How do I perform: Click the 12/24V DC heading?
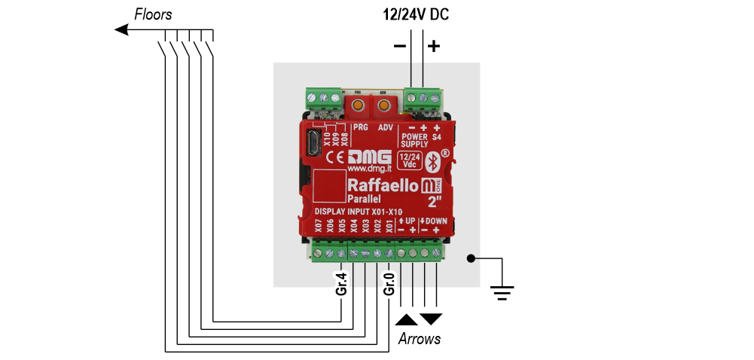pyautogui.click(x=417, y=14)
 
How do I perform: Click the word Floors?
pyautogui.click(x=153, y=14)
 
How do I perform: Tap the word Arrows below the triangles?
pyautogui.click(x=419, y=339)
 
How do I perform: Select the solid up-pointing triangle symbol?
pyautogui.click(x=406, y=319)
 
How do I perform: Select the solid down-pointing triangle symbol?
pyautogui.click(x=432, y=319)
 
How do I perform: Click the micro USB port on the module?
pyautogui.click(x=313, y=143)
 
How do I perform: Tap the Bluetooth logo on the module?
pyautogui.click(x=433, y=162)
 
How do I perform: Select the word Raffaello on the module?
pyautogui.click(x=382, y=185)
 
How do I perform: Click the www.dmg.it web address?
pyautogui.click(x=368, y=169)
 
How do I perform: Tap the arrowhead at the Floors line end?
pyautogui.click(x=121, y=29)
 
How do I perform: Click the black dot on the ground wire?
pyautogui.click(x=471, y=258)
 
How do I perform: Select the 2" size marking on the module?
pyautogui.click(x=435, y=201)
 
